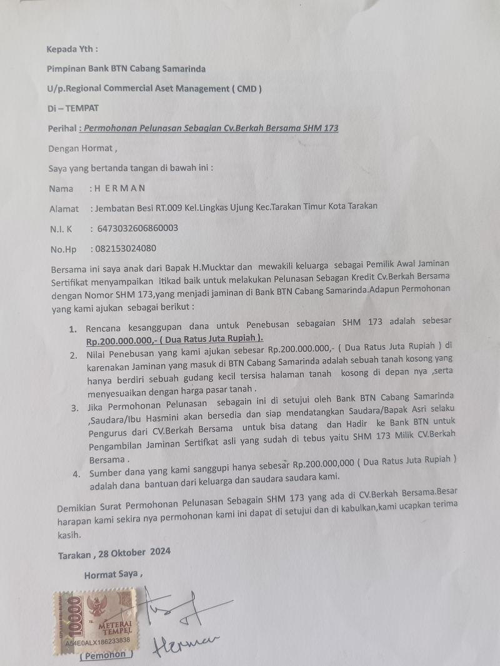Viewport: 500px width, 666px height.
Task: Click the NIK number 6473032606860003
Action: tap(137, 229)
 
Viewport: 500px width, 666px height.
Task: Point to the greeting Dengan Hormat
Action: tap(81, 149)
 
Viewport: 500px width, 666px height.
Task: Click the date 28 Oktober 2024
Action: tap(135, 552)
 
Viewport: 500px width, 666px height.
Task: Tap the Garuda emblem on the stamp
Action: tap(97, 605)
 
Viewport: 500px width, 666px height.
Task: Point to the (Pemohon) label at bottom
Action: tap(106, 655)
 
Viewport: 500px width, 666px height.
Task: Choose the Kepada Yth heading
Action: tap(72, 49)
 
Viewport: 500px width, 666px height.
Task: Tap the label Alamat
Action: tap(64, 209)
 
